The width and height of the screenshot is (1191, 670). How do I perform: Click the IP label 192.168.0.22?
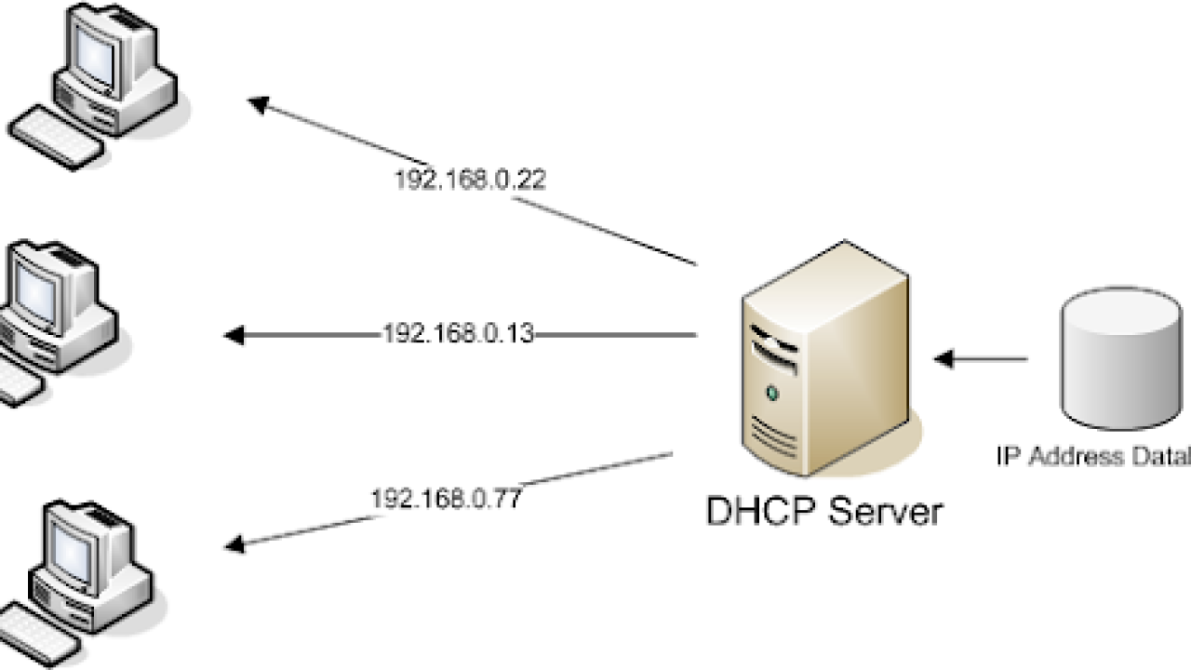(x=469, y=180)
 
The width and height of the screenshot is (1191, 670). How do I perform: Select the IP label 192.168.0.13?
(x=459, y=334)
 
